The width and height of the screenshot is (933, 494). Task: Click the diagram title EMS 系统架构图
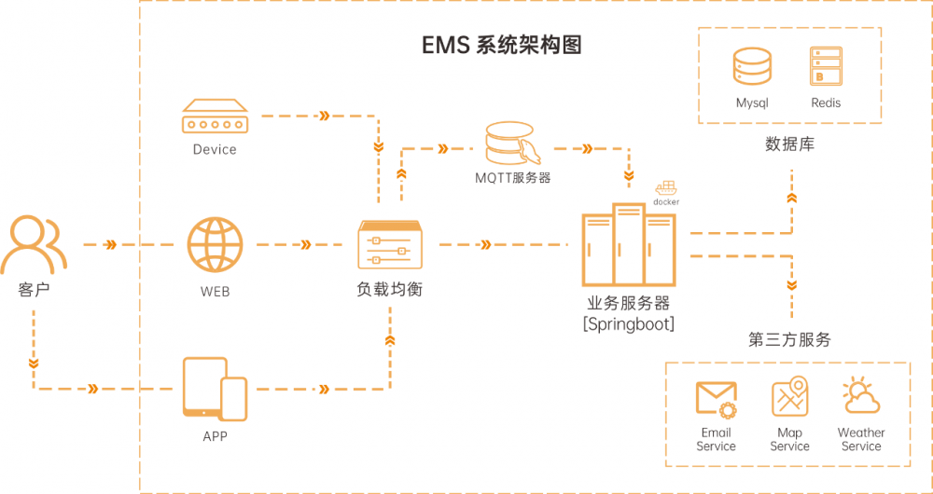[502, 46]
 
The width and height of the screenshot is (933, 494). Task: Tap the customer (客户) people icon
[33, 243]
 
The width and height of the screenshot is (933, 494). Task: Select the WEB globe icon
[215, 245]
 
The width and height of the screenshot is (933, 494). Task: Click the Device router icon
[215, 118]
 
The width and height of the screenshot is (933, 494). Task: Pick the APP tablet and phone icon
[216, 388]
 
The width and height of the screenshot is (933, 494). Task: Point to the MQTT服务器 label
[512, 177]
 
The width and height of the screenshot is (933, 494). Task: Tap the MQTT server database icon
[509, 142]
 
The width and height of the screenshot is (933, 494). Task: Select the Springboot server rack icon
[628, 246]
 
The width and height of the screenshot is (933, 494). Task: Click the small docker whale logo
[666, 189]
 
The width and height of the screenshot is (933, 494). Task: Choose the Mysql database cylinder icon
[752, 67]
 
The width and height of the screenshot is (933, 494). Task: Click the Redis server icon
[825, 67]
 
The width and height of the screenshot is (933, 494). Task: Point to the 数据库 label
[789, 144]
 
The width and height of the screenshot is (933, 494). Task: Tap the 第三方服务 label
[789, 339]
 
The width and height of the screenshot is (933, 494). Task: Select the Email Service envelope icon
[716, 399]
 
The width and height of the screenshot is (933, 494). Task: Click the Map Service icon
[789, 397]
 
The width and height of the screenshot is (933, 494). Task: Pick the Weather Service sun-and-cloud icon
[860, 397]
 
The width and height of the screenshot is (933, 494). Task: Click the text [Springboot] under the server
[628, 324]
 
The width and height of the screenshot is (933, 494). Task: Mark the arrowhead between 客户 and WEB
[111, 245]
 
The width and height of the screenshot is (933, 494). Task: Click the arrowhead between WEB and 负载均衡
[306, 245]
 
